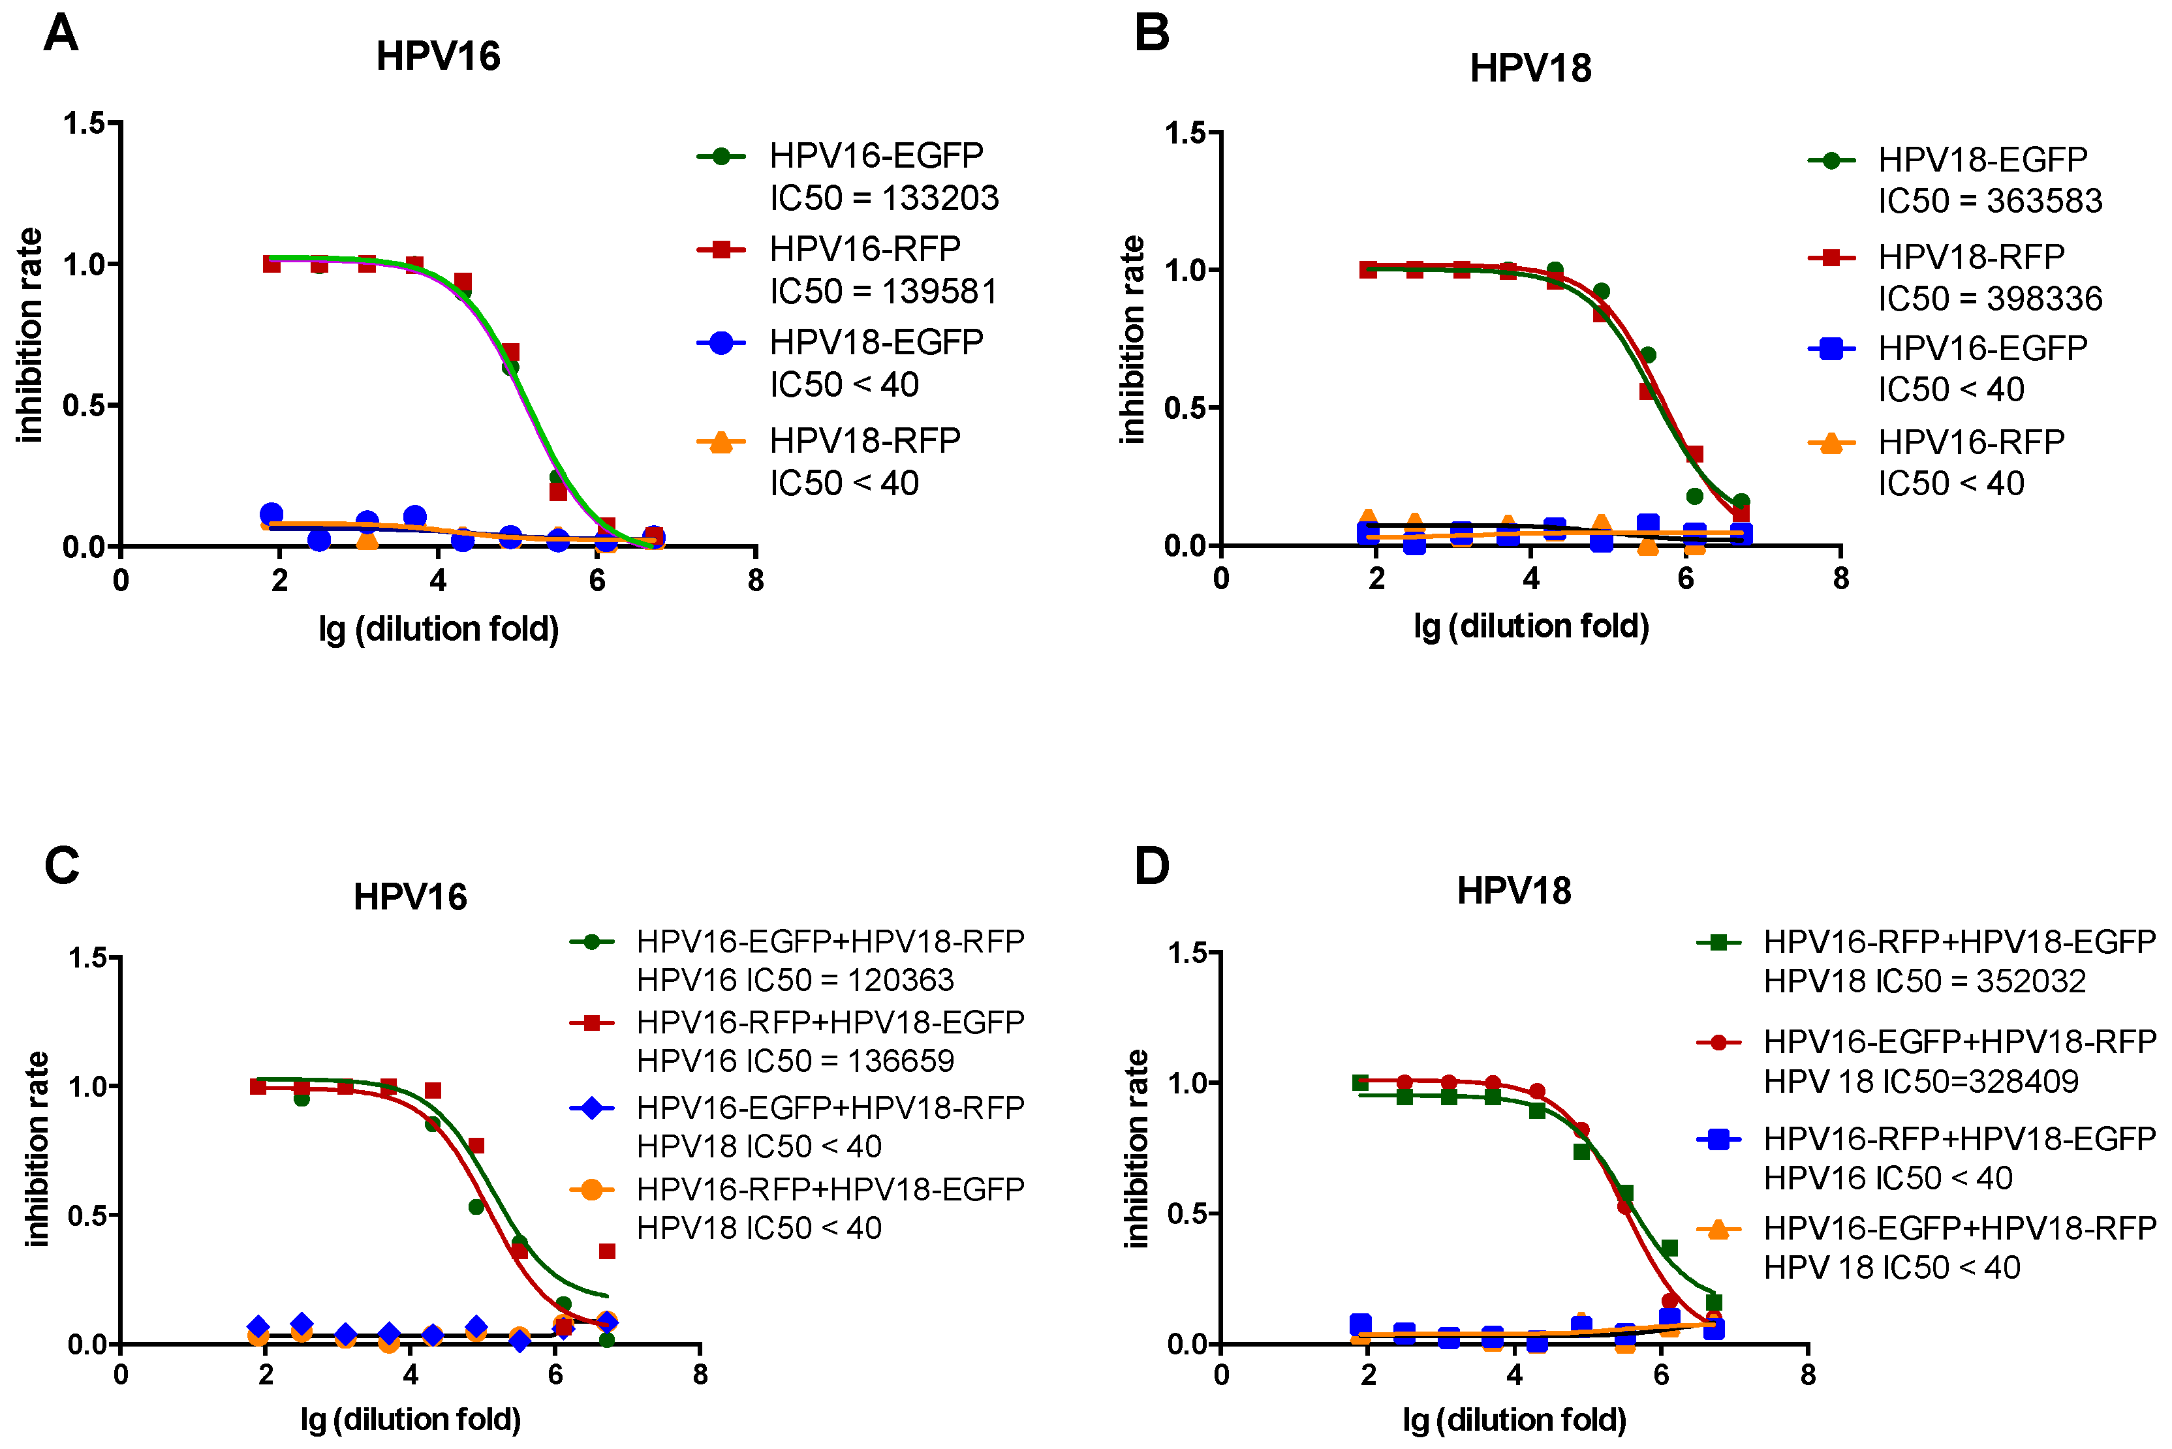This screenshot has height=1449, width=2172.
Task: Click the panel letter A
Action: point(61,34)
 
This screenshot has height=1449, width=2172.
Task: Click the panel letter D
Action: point(1152,866)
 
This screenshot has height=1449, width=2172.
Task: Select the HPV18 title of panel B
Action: point(1530,69)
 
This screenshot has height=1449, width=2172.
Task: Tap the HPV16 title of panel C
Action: point(411,896)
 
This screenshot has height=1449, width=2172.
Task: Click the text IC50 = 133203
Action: point(884,198)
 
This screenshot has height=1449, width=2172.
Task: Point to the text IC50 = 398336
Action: point(1989,299)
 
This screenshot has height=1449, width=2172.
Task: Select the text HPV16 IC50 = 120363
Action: point(795,979)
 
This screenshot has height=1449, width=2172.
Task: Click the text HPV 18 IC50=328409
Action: point(1921,1080)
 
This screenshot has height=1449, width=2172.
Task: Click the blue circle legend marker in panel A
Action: point(721,343)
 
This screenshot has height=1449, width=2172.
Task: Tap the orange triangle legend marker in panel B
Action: point(1831,444)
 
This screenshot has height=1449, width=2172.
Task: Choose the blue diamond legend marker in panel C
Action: point(593,1107)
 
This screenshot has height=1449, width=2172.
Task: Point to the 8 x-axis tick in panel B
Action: point(1840,579)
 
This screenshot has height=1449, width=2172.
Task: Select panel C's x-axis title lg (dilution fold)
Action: point(411,1418)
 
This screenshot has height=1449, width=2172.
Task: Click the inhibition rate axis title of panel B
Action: point(1132,340)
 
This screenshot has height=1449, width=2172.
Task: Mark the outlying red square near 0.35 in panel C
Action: point(607,1251)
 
